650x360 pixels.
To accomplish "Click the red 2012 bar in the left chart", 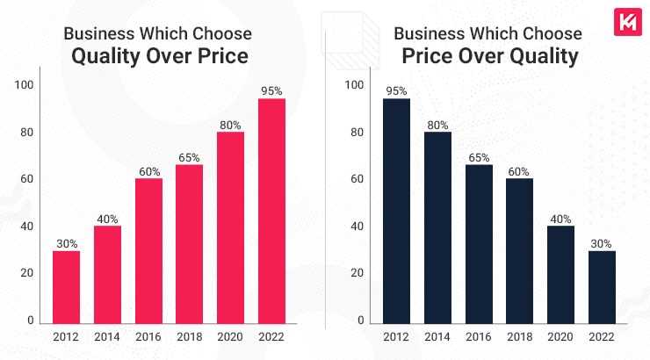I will pos(66,286).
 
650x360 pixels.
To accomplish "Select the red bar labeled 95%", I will pos(272,211).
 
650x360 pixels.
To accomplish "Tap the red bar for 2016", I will pos(148,250).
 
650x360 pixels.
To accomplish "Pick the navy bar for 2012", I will pos(396,211).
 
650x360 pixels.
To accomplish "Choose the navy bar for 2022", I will pos(603,286).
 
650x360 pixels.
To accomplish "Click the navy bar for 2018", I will pos(520,250).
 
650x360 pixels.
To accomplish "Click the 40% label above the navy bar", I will pos(561,218).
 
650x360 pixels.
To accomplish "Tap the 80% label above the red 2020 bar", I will pos(231,124).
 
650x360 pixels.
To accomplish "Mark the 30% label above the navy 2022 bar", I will pos(603,242).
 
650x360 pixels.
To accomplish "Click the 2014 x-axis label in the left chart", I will pos(107,338).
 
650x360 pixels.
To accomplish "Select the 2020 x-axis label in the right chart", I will pos(561,338).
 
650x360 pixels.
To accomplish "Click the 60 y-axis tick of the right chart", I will pos(355,179).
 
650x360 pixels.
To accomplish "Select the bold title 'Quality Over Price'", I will pos(156,57).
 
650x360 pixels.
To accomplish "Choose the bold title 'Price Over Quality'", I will pos(487,57).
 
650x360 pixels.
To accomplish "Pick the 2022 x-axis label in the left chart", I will pos(272,338).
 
